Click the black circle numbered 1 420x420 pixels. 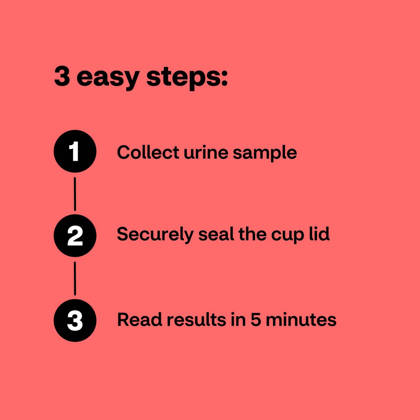tap(75, 151)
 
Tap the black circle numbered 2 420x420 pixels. tap(75, 236)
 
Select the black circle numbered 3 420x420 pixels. tap(75, 320)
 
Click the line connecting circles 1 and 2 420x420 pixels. tap(75, 194)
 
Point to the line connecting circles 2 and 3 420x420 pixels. tap(75, 278)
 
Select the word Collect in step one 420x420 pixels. tap(148, 153)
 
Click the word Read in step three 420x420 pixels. tap(139, 319)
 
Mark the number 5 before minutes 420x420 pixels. tap(255, 319)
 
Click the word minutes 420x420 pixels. tap(301, 319)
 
